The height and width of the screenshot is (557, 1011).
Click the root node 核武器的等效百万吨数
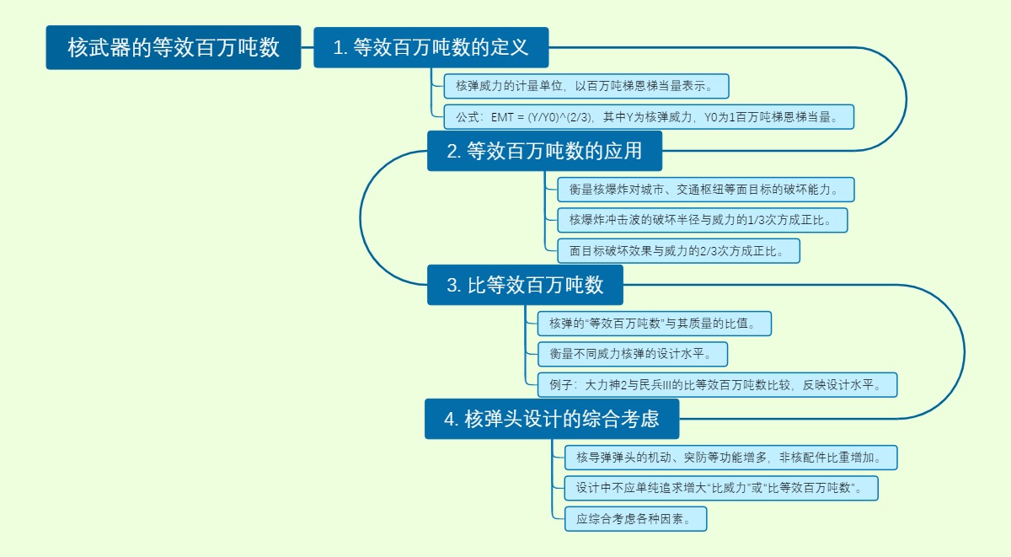(173, 47)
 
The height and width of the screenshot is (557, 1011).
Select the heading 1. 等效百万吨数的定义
(431, 47)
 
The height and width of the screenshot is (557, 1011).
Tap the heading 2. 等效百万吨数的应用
(544, 151)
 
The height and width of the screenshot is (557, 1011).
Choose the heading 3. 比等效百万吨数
(525, 285)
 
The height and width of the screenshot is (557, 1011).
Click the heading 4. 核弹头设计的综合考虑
(552, 419)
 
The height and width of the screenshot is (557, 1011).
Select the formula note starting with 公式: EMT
(648, 117)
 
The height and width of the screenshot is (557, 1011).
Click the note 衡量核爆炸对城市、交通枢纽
(705, 190)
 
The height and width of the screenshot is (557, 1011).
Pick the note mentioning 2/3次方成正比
(677, 250)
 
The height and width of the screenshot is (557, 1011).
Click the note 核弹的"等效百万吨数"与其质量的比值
(654, 323)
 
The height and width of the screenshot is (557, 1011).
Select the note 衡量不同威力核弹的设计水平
(632, 354)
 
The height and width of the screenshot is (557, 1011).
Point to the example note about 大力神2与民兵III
(717, 385)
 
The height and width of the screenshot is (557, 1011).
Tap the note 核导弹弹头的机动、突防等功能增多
(730, 458)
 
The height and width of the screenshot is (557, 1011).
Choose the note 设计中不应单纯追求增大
(720, 488)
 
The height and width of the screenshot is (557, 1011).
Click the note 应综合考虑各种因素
(635, 519)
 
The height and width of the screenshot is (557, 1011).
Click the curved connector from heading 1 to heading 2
(907, 99)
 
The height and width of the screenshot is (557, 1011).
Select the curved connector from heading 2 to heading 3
(361, 217)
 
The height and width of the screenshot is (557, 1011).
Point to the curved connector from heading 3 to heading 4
(964, 352)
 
